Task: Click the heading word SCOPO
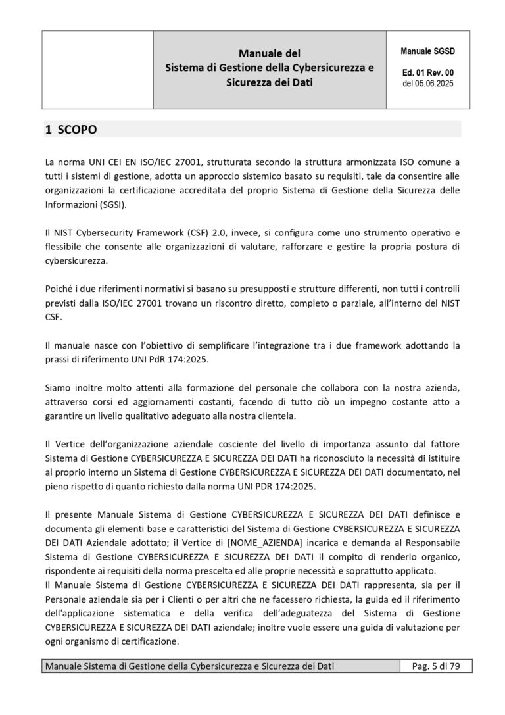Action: tap(77, 130)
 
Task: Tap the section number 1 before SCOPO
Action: tap(48, 130)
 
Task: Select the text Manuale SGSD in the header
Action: tap(427, 51)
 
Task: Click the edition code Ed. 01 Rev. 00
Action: tap(427, 73)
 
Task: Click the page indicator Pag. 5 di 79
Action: tap(435, 666)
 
